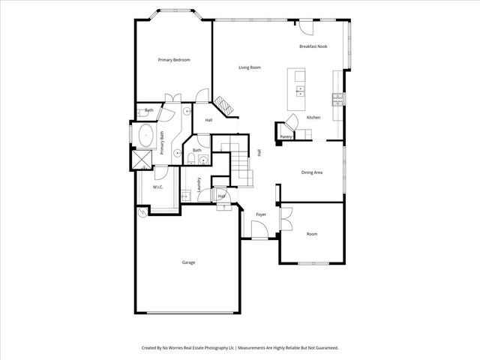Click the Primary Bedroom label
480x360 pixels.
click(172, 59)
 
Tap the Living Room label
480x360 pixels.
click(250, 68)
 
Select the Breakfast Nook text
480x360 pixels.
click(313, 46)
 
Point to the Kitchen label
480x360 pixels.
click(313, 118)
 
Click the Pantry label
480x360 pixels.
click(286, 137)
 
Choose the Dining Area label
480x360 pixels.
click(312, 173)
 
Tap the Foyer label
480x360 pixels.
click(261, 214)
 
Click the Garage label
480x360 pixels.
click(188, 262)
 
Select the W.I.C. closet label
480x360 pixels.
click(158, 187)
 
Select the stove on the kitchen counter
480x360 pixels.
click(338, 97)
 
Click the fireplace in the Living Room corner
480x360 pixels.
click(223, 105)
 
